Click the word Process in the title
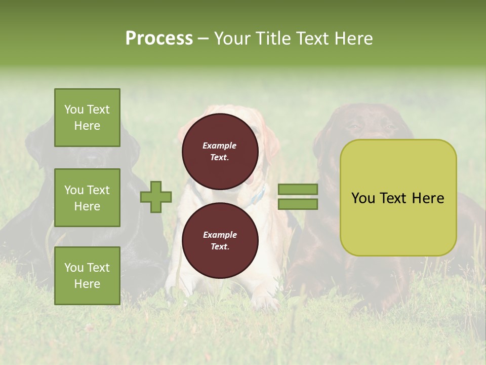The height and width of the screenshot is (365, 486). pos(159,39)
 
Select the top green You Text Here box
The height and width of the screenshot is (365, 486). pos(87,118)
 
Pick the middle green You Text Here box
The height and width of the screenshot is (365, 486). pos(87,198)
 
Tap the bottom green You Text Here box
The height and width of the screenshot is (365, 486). pos(87,275)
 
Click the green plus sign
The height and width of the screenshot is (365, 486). pos(156,197)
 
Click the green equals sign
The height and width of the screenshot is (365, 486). pos(298,197)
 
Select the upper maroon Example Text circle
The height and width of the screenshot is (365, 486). pos(220,151)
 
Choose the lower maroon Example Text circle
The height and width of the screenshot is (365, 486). pos(220,240)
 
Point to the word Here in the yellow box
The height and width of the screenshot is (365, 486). pos(428,198)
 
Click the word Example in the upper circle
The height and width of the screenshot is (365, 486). pos(220,146)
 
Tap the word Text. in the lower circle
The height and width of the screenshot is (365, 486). pos(220,247)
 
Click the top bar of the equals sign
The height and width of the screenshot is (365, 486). pos(298,190)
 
